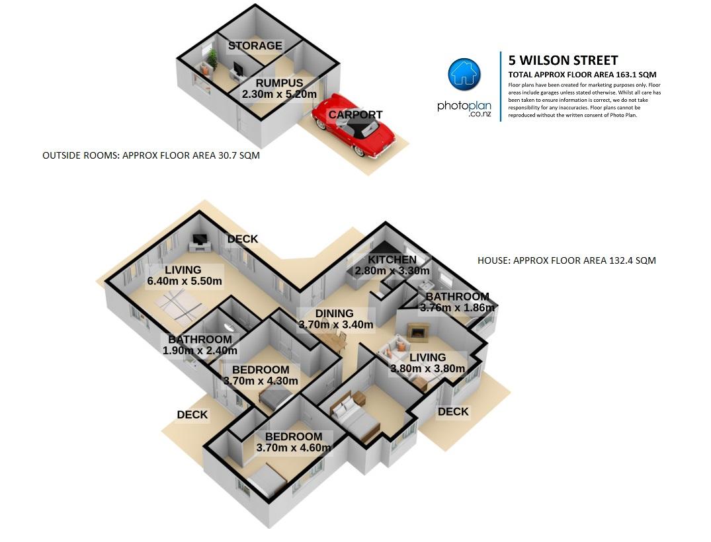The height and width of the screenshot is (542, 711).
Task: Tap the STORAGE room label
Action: pyautogui.click(x=255, y=46)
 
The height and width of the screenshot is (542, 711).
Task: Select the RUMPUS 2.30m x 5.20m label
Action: pyautogui.click(x=279, y=89)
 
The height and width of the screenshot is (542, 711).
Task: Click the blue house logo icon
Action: pyautogui.click(x=464, y=74)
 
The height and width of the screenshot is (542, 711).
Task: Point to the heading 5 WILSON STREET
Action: pyautogui.click(x=563, y=60)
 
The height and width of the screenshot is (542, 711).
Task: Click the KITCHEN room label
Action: pyautogui.click(x=392, y=260)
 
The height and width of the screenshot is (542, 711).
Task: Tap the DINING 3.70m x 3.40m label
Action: pyautogui.click(x=336, y=319)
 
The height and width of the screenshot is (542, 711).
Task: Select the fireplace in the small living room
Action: pyautogui.click(x=417, y=332)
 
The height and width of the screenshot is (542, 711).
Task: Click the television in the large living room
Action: pyautogui.click(x=200, y=240)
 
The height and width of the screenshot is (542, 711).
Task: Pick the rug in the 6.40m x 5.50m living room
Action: pyautogui.click(x=179, y=305)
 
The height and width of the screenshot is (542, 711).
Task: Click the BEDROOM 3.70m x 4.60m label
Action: pyautogui.click(x=294, y=442)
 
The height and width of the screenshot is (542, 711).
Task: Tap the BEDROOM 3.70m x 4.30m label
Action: pyautogui.click(x=261, y=375)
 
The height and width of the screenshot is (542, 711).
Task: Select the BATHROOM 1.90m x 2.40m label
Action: pyautogui.click(x=200, y=345)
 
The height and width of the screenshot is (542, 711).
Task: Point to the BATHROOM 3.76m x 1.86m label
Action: pyautogui.click(x=457, y=302)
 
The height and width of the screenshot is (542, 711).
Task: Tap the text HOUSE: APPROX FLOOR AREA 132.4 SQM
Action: pyautogui.click(x=567, y=260)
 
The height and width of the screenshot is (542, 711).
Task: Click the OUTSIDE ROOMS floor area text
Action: pyautogui.click(x=151, y=155)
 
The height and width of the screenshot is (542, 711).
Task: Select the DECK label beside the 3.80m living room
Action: pyautogui.click(x=453, y=412)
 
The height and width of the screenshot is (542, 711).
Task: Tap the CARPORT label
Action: pyautogui.click(x=356, y=114)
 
